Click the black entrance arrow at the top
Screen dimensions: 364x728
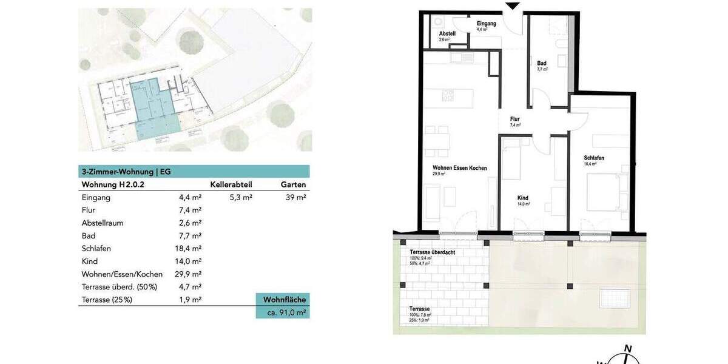coord(513,6)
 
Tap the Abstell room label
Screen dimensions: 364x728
coord(447,33)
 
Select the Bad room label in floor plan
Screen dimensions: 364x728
coord(541,63)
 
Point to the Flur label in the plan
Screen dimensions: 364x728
coord(514,119)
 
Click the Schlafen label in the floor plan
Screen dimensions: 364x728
coord(594,158)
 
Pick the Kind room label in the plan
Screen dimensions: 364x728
coord(522,198)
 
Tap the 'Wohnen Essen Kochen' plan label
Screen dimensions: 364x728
coord(459,168)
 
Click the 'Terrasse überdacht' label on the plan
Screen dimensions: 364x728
coord(432,252)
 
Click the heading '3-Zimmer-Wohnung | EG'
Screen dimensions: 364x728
coord(126,172)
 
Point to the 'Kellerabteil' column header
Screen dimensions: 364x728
coord(231,184)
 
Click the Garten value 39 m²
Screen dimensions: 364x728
coord(295,197)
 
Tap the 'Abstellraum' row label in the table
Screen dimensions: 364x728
coord(102,223)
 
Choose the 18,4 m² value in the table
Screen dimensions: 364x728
coord(187,248)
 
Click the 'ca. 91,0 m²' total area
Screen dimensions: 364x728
coord(283,312)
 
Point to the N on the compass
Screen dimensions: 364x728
coord(628,348)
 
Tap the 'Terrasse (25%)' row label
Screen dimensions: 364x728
coord(106,299)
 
